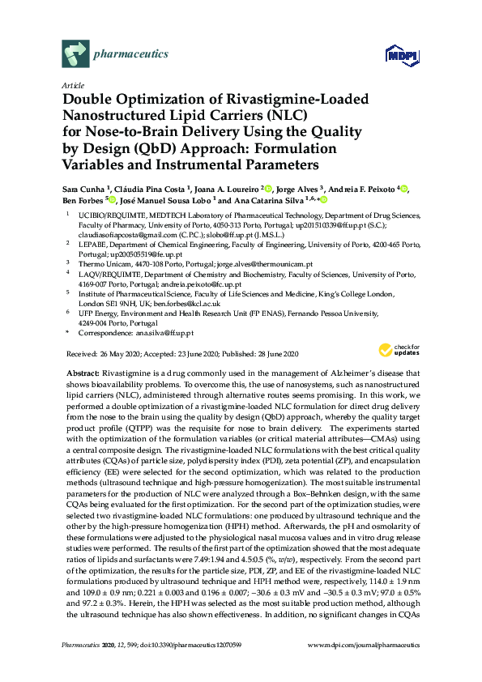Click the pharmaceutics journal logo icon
pyautogui.click(x=75, y=54)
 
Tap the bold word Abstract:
pyautogui.click(x=83, y=370)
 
